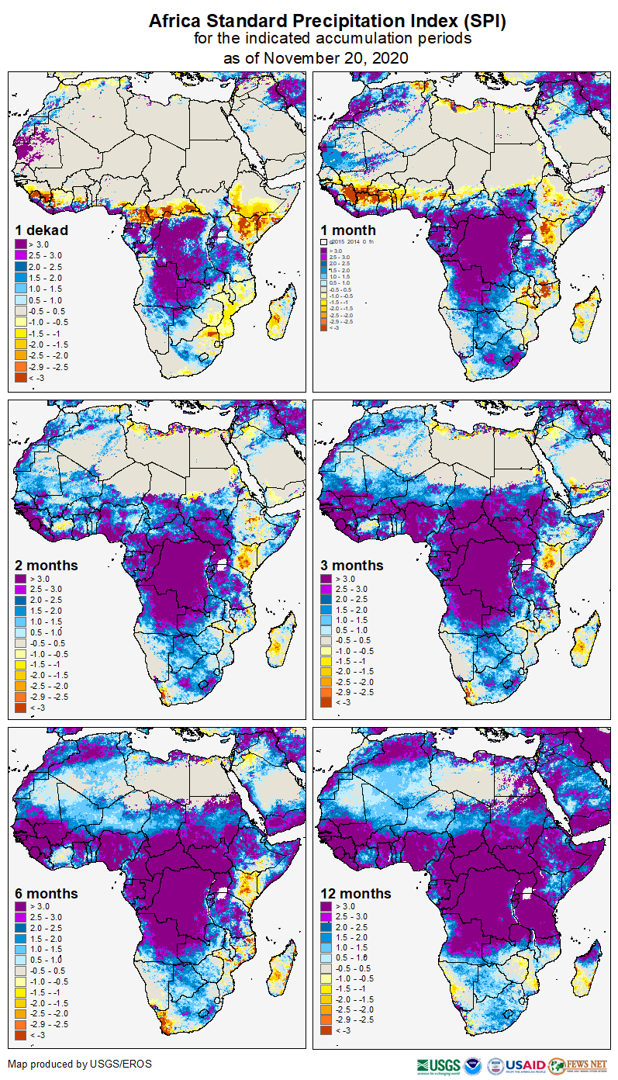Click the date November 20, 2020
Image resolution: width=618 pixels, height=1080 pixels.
337,57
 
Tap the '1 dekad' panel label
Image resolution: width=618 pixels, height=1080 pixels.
42,230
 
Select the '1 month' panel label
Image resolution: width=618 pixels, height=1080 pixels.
348,230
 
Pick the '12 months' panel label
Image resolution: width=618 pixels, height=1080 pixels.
356,894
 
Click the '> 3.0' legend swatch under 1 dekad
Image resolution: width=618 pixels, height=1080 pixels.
21,244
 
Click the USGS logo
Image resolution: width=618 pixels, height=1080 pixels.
438,1064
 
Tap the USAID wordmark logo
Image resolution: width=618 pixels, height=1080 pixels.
526,1064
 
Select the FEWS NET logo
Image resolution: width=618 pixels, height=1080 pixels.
578,1064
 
